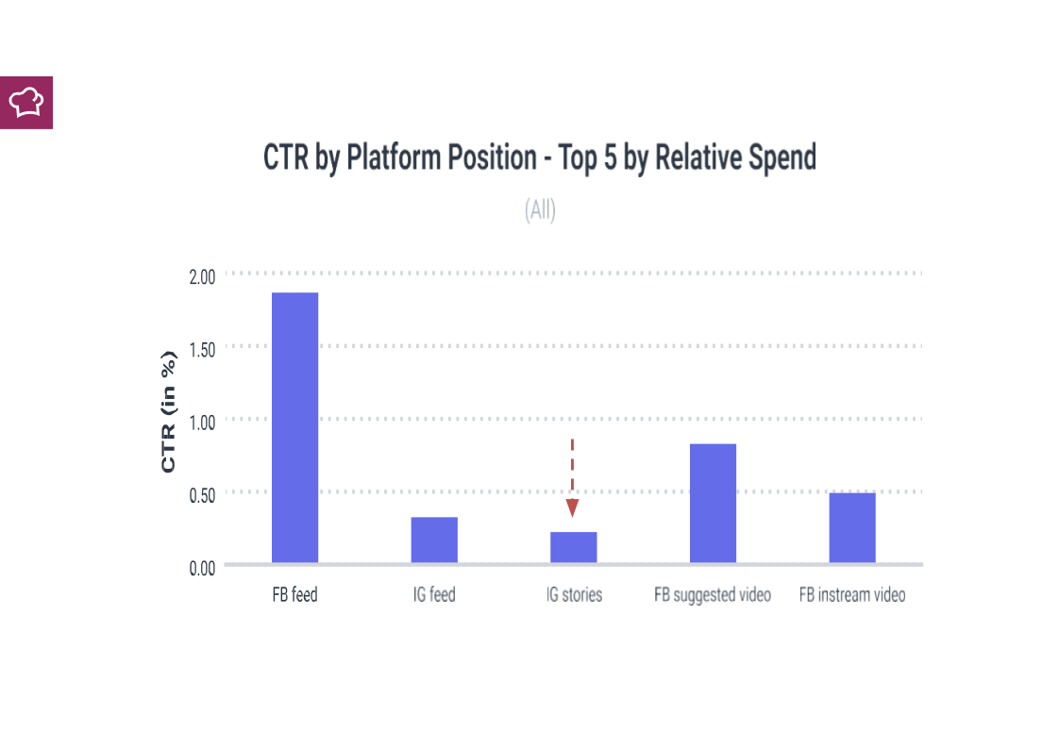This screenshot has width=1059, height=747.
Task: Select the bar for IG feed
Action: click(434, 539)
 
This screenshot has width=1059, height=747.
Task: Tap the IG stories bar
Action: click(573, 547)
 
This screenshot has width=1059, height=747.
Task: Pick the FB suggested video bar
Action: click(713, 503)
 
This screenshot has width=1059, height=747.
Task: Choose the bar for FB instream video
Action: click(852, 527)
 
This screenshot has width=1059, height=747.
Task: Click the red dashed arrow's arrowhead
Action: click(572, 508)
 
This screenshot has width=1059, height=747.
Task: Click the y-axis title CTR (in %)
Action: click(168, 411)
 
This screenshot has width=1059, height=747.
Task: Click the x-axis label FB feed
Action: click(294, 595)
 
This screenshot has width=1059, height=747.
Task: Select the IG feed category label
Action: click(434, 595)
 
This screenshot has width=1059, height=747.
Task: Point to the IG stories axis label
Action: click(573, 595)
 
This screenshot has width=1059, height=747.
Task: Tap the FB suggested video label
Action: click(713, 595)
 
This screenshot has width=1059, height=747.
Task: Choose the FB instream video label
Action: click(852, 595)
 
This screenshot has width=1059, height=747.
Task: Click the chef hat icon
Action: click(26, 102)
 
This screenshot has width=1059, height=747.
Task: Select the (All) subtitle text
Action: click(540, 210)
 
